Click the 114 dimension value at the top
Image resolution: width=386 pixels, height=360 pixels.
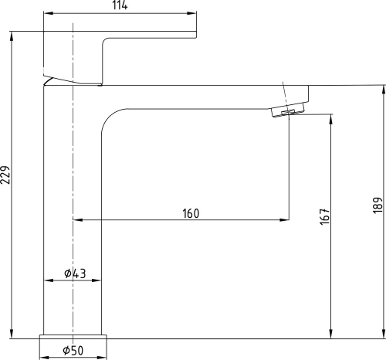click(119, 6)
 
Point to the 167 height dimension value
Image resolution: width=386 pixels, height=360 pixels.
click(324, 217)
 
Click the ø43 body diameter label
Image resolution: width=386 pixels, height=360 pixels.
click(75, 273)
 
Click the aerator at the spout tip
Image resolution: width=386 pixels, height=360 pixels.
click(288, 113)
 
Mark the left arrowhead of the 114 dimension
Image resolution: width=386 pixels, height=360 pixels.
click(46, 14)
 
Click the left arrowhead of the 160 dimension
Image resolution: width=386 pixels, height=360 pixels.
click(76, 220)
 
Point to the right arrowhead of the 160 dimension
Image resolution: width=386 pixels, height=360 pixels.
click(285, 220)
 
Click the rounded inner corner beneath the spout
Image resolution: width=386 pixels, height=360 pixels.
click(109, 117)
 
